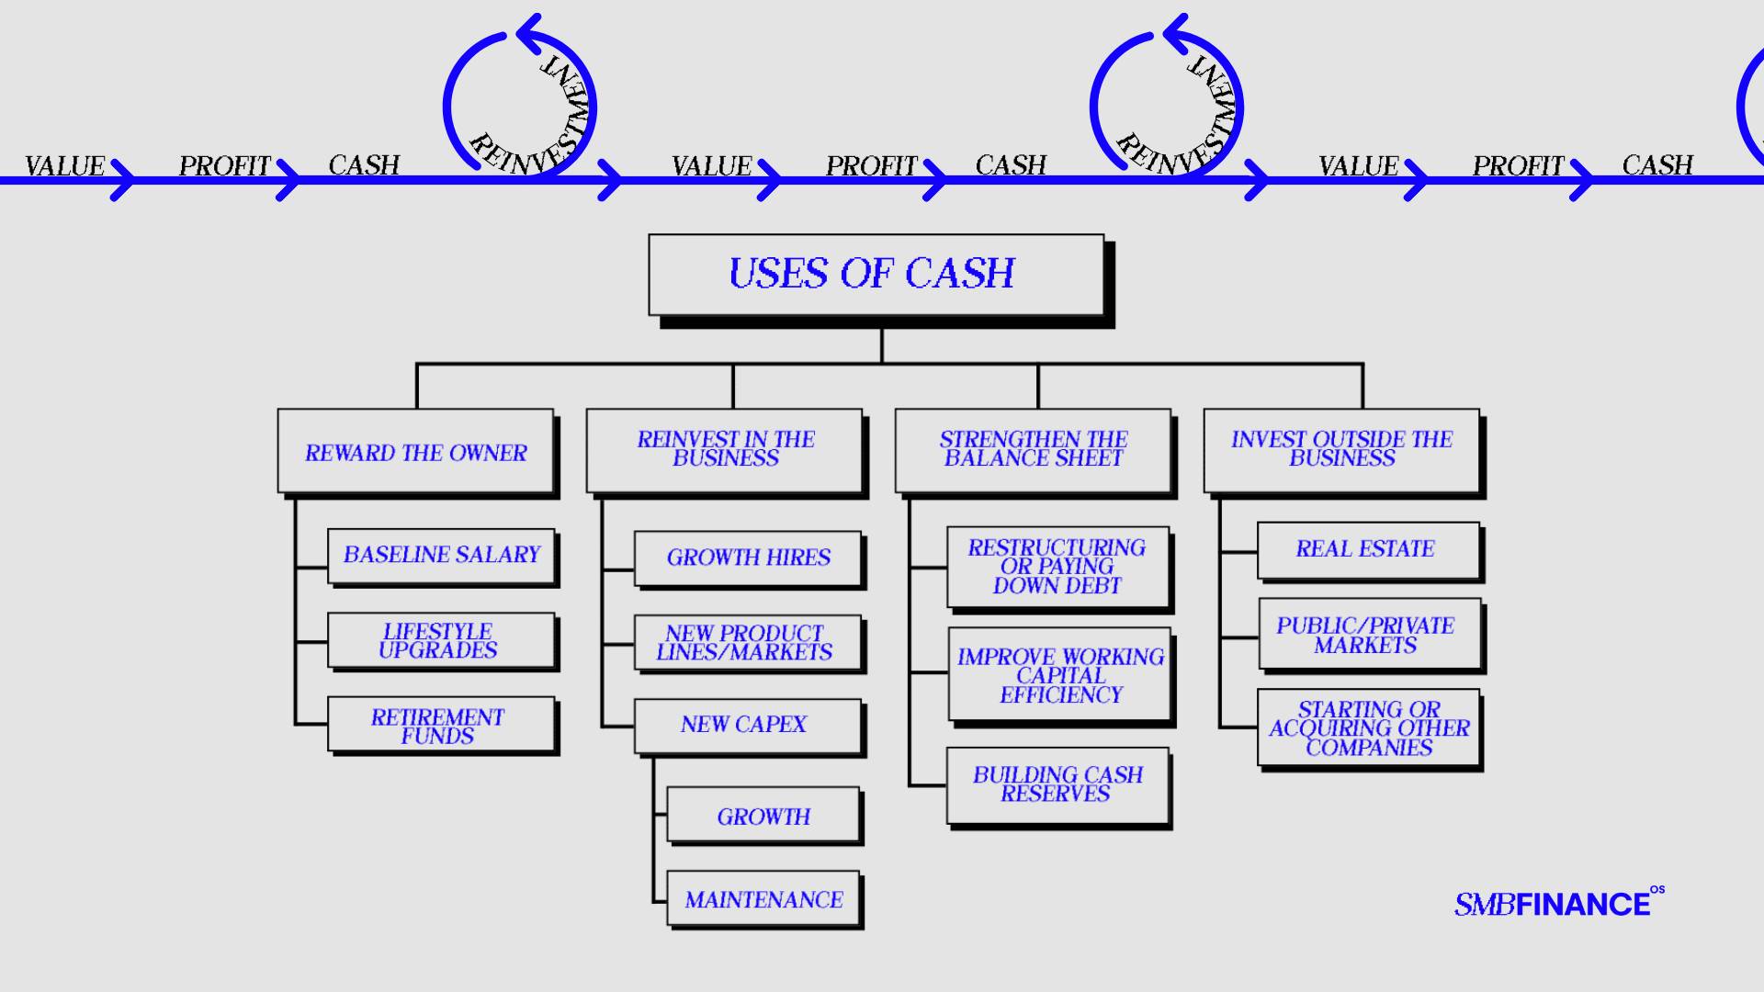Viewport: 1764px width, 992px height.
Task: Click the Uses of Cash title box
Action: coord(876,275)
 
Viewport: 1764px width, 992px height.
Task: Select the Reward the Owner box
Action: coord(415,451)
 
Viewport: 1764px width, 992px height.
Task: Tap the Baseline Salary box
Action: coord(441,555)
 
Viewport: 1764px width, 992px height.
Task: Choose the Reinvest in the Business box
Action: coord(724,450)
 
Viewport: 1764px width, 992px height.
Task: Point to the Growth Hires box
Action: coord(748,558)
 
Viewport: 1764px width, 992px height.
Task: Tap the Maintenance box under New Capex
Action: coord(763,898)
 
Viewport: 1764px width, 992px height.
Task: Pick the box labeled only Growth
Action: coord(763,815)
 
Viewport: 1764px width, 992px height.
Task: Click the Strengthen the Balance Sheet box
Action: coord(1033,450)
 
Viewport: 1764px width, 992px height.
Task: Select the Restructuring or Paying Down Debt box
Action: coord(1057,567)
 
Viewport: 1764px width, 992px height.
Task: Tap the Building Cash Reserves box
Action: coord(1057,785)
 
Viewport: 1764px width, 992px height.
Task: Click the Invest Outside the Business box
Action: coord(1341,450)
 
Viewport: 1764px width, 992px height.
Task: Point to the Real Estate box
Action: coord(1367,550)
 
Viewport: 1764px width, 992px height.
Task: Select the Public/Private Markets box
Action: coord(1369,635)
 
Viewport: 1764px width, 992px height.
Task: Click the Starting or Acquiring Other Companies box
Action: coord(1369,727)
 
